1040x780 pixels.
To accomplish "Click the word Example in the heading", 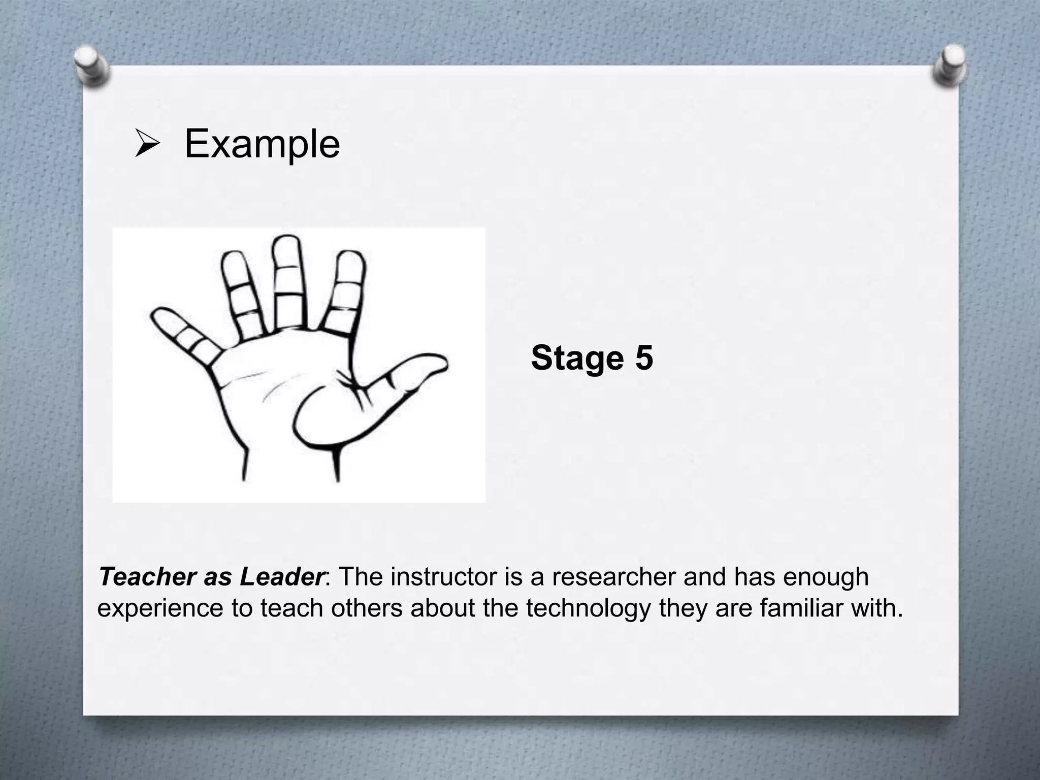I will pyautogui.click(x=262, y=144).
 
